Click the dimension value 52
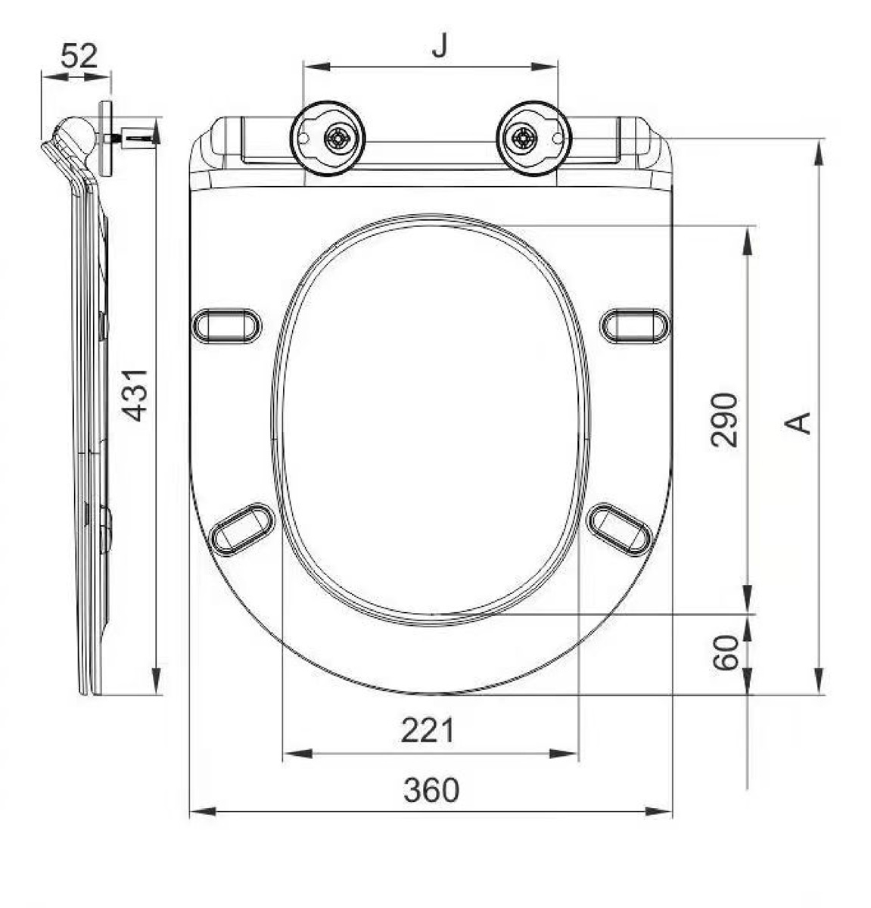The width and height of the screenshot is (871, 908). point(79,57)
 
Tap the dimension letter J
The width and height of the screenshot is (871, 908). point(440,46)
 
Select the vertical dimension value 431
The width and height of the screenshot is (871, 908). point(135,395)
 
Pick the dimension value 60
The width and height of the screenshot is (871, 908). point(726,653)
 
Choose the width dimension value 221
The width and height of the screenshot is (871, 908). point(428,730)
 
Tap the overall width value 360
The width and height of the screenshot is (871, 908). point(431,791)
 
